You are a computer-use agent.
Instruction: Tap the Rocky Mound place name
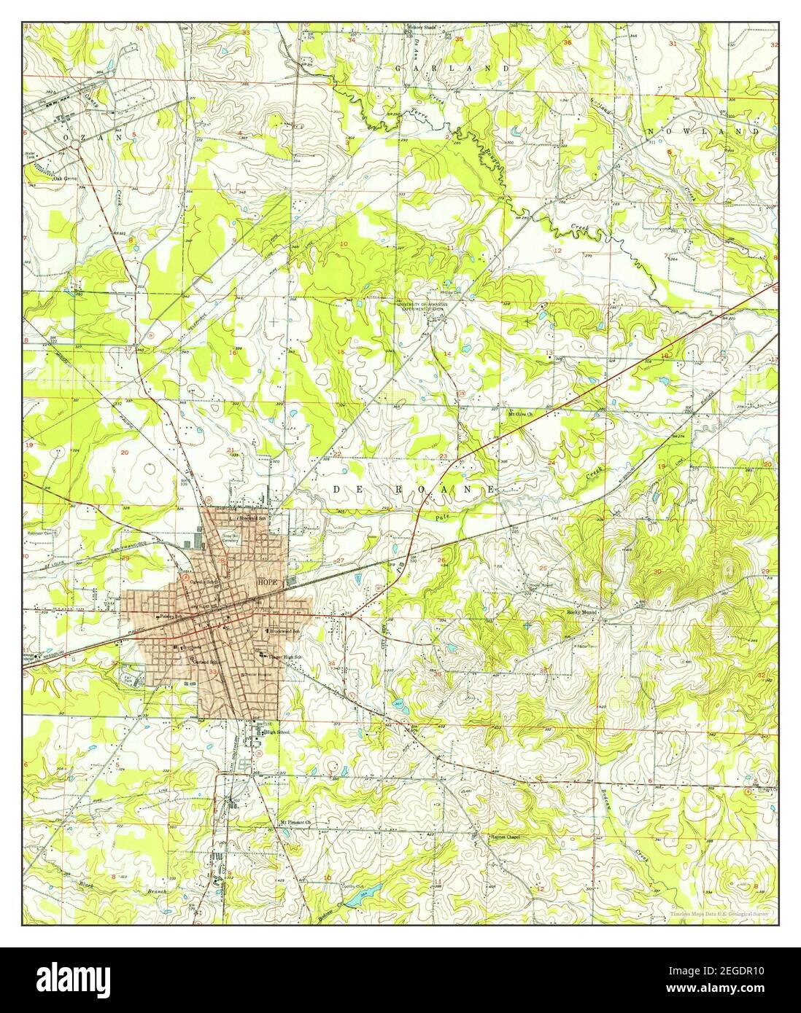point(582,613)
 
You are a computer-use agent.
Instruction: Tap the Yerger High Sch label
point(285,657)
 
